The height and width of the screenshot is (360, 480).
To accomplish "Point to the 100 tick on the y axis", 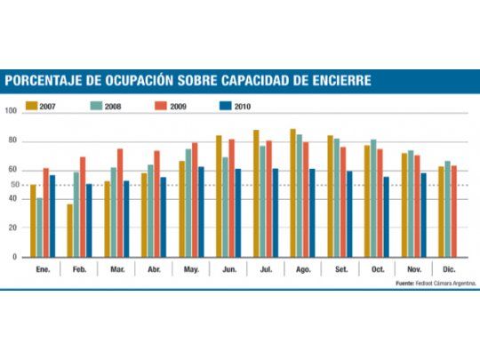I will pos(11,112).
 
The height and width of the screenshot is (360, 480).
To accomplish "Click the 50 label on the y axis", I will pos(13,185).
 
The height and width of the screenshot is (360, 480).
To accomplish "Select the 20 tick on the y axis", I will pos(13,228).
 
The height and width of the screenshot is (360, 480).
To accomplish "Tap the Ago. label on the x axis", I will pos(302,268).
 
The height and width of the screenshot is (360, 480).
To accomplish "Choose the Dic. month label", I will pos(448,268).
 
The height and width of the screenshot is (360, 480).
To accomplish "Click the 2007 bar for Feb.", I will pos(70,230).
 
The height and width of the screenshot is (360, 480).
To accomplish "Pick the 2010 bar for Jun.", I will pos(238,212).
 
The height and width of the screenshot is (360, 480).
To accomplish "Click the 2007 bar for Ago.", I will pos(292,193).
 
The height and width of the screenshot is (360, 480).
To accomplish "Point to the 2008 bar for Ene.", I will pos(40,227).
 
